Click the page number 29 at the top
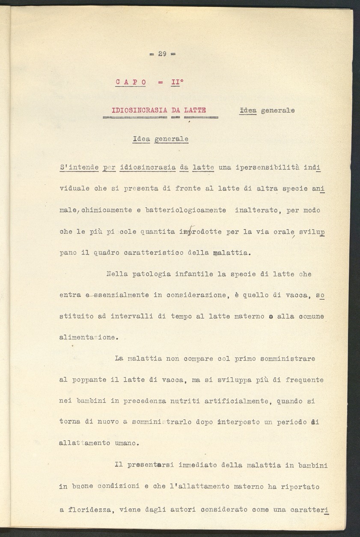click(162, 54)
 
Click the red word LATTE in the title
click(195, 110)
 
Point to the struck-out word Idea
click(248, 110)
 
